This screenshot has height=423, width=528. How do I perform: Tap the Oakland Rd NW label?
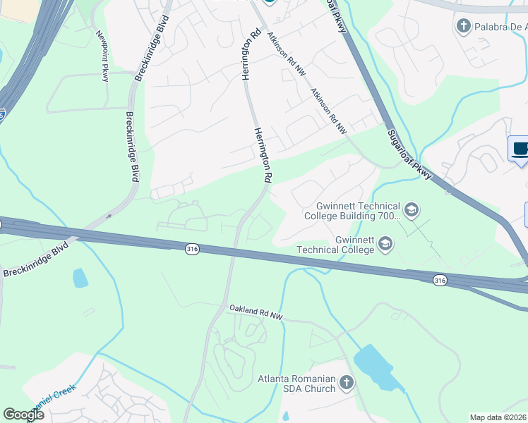(256, 313)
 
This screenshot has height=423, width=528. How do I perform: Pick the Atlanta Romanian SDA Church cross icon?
(346, 383)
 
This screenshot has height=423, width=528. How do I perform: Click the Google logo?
(23, 415)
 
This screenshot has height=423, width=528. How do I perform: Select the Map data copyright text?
(498, 417)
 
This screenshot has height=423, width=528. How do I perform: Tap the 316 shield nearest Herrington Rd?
(191, 249)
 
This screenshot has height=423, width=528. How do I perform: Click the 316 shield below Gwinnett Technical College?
(440, 281)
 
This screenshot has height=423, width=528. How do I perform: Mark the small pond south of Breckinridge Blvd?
(80, 278)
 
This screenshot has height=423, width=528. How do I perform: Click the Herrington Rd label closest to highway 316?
(263, 156)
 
